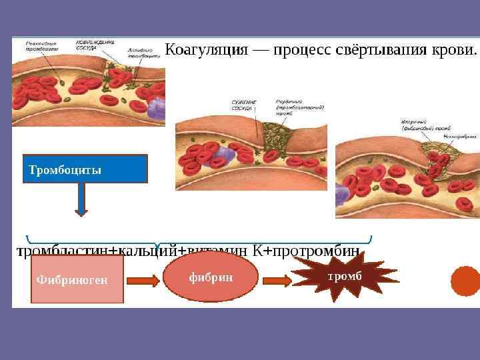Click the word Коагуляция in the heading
(206, 50)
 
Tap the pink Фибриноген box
(77, 279)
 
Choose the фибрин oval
(210, 277)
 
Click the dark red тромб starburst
(345, 275)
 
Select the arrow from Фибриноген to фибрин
(143, 281)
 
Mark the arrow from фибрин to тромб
(274, 281)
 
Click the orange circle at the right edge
(466, 281)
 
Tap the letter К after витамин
(257, 251)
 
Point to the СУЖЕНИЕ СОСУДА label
(243, 105)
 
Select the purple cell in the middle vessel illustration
(221, 157)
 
